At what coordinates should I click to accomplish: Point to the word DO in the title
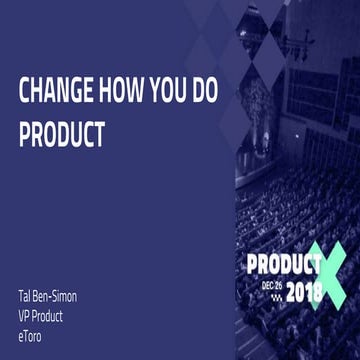point(221,91)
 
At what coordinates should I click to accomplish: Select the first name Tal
point(25,298)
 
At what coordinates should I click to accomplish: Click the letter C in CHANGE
point(25,91)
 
